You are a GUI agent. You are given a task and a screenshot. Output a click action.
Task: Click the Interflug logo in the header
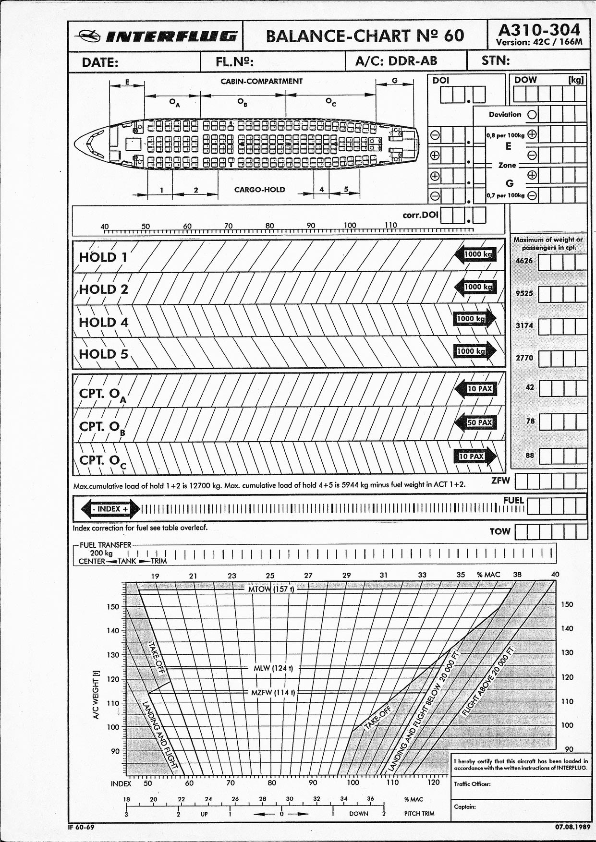[156, 36]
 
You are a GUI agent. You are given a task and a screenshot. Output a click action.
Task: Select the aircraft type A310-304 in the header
[539, 30]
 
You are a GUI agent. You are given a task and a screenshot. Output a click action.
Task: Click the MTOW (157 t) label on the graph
[271, 589]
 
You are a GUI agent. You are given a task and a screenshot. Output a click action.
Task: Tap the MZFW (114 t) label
[273, 693]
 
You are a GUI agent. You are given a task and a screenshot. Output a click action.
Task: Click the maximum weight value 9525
[524, 293]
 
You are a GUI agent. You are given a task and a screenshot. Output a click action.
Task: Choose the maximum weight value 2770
[524, 358]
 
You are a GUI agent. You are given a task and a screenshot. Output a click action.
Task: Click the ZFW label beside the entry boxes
[500, 480]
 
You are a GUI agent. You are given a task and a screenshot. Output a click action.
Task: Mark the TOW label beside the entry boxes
[499, 531]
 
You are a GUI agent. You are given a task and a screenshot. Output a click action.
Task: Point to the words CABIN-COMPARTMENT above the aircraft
[261, 81]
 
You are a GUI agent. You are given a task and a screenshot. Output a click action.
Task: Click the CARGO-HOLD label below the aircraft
[259, 190]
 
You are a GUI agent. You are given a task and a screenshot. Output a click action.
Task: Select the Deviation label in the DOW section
[505, 114]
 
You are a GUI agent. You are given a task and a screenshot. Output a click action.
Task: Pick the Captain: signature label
[465, 806]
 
